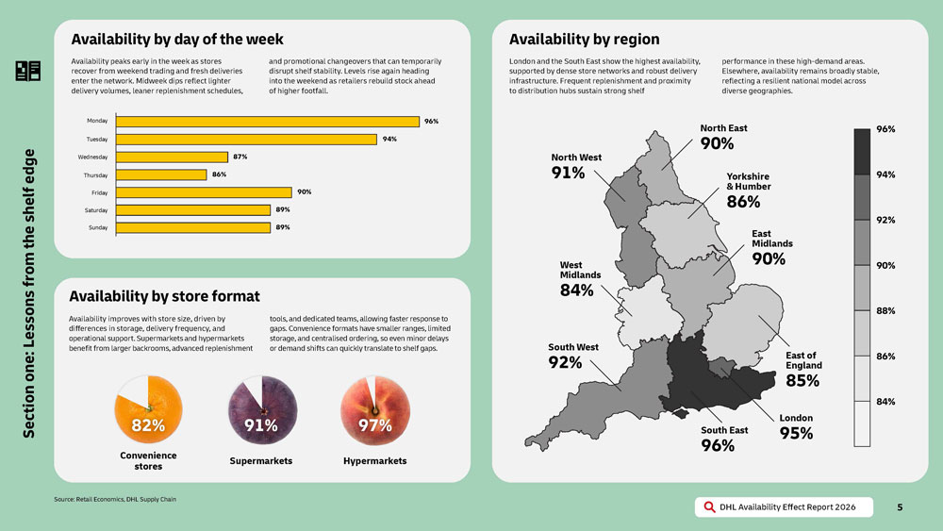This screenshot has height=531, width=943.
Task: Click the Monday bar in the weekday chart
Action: click(x=266, y=122)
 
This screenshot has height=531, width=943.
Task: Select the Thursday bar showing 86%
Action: click(x=159, y=174)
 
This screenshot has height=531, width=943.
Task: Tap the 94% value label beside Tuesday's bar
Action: click(x=389, y=140)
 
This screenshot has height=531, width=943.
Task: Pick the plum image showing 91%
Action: click(x=260, y=407)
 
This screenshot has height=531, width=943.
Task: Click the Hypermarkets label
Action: click(x=374, y=461)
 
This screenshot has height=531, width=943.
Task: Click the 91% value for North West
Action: click(x=568, y=174)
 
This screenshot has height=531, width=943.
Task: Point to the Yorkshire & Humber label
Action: click(x=748, y=181)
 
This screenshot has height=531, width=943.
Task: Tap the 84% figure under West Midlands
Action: click(x=576, y=290)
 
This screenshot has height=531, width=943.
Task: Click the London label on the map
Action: click(x=796, y=418)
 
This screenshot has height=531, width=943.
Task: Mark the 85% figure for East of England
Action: click(x=802, y=381)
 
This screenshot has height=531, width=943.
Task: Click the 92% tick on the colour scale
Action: click(x=885, y=220)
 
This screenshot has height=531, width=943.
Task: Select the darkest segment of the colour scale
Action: click(x=861, y=151)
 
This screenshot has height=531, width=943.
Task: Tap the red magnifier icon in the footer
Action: click(x=709, y=507)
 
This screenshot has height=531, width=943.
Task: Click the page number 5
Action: click(x=900, y=507)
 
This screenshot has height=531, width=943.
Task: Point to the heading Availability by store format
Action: click(x=164, y=296)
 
